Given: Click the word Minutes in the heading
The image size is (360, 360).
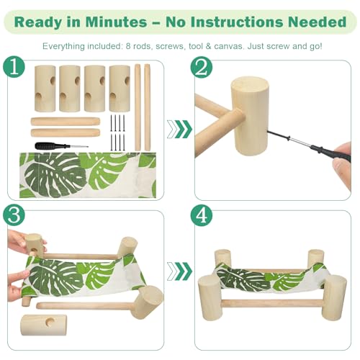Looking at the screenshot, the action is tap(116, 22).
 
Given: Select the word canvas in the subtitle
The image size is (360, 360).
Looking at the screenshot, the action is tap(228, 46).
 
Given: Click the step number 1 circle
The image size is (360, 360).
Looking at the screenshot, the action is tap(14, 67).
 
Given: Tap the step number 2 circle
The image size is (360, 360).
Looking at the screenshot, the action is tap(202, 67).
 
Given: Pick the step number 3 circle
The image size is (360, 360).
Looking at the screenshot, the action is tap(14, 215).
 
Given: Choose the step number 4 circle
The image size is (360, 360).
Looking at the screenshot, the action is tap(202, 215).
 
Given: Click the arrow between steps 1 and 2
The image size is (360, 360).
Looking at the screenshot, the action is tap(179, 129).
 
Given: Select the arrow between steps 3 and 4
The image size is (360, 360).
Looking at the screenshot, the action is tap(179, 271).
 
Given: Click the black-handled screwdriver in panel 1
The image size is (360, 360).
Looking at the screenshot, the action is tap(61, 145).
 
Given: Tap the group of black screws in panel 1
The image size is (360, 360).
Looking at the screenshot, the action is tap(117, 132).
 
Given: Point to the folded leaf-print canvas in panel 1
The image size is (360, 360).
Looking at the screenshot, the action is tap(88, 175).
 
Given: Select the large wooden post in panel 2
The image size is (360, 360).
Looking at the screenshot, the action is tap(250, 116).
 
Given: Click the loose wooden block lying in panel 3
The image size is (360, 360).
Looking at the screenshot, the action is tap(44, 325).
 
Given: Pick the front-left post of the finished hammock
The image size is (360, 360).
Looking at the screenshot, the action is tap(209, 297).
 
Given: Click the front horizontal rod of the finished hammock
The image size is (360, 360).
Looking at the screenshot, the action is tap(271, 304).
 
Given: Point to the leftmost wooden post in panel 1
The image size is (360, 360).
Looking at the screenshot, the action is tap(45, 89).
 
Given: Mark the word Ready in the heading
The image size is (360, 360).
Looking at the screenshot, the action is tap(37, 22).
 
